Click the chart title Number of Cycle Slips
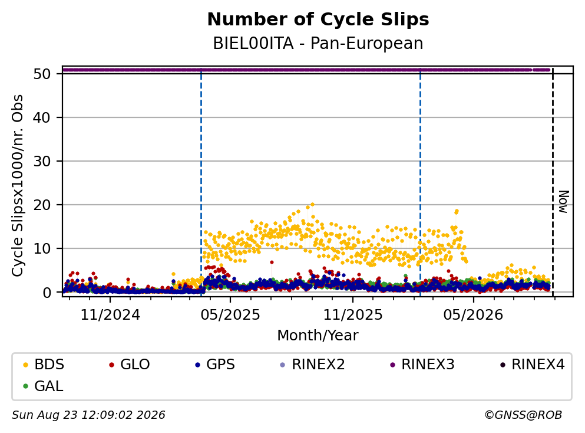(x=318, y=19)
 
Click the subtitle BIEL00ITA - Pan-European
(x=318, y=43)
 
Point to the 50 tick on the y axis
(x=42, y=74)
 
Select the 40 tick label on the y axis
(x=42, y=117)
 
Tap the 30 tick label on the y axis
(x=42, y=162)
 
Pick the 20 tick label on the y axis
(x=42, y=205)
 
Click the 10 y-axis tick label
(x=42, y=248)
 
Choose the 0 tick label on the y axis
(x=47, y=293)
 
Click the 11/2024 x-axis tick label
(x=110, y=315)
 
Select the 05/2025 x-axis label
(x=230, y=315)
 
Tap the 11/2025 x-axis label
(x=352, y=315)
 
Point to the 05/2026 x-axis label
(x=473, y=315)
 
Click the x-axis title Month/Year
(x=318, y=336)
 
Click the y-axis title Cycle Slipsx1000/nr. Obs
(x=17, y=186)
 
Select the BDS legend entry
(x=44, y=364)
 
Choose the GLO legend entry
(x=130, y=364)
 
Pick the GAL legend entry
(x=43, y=386)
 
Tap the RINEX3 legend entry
(x=422, y=364)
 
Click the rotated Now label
(x=563, y=202)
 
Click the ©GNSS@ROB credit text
(x=523, y=415)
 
